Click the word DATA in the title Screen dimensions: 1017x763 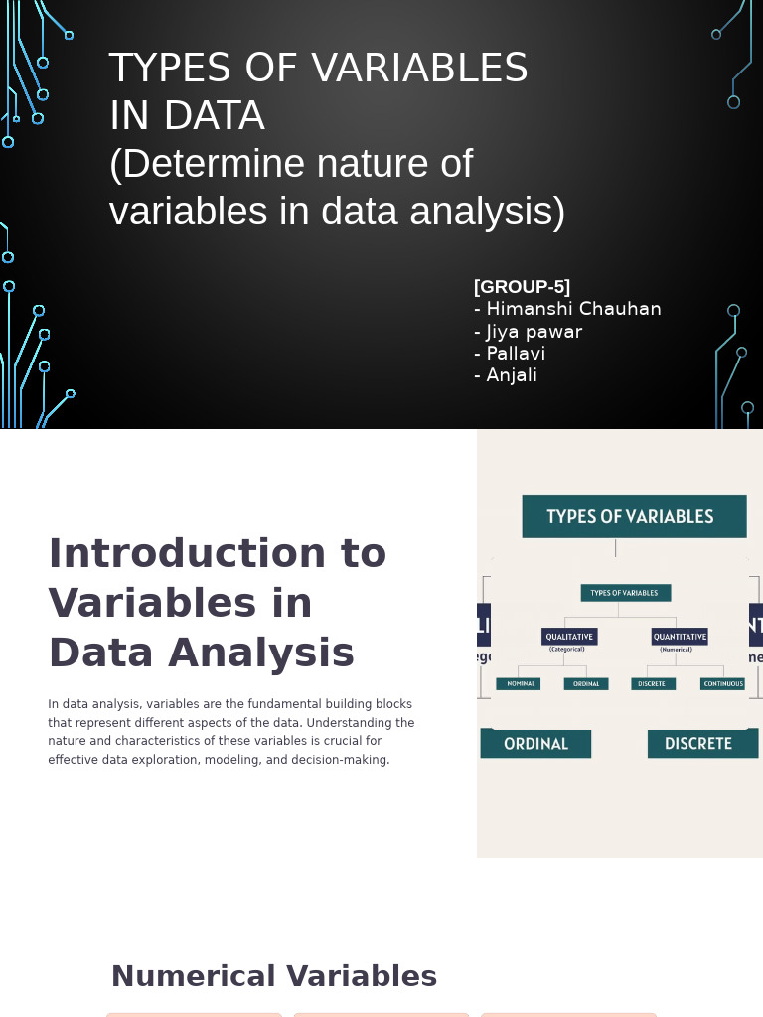click(214, 116)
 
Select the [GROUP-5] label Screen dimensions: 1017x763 click(522, 287)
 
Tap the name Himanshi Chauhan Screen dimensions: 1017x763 click(573, 309)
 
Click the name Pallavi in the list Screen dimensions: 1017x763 click(516, 354)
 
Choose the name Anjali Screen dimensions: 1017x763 click(512, 375)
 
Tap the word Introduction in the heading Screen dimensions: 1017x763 click(217, 553)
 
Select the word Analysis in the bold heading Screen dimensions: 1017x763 click(260, 653)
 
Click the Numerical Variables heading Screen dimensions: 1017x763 click(273, 976)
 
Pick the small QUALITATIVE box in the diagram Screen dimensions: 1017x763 click(569, 637)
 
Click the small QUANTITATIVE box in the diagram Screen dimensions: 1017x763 click(680, 637)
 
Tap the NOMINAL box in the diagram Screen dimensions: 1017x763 click(519, 684)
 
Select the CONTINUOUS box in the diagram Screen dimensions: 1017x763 click(723, 684)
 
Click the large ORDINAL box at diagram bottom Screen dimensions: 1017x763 click(535, 744)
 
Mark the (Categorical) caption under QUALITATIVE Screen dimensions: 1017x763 click(567, 650)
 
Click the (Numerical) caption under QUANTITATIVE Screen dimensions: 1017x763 click(677, 650)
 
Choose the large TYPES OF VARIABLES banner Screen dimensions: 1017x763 click(633, 516)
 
